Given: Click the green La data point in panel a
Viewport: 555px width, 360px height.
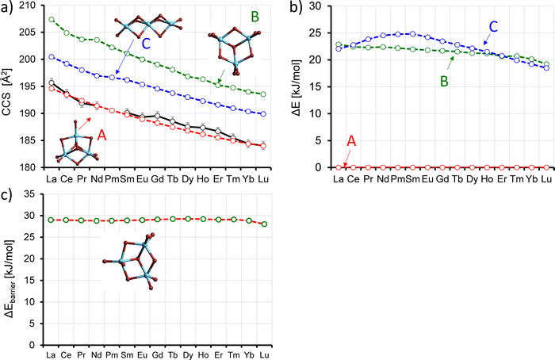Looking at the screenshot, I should [52, 20].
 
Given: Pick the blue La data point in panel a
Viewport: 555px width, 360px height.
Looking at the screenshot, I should [52, 57].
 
